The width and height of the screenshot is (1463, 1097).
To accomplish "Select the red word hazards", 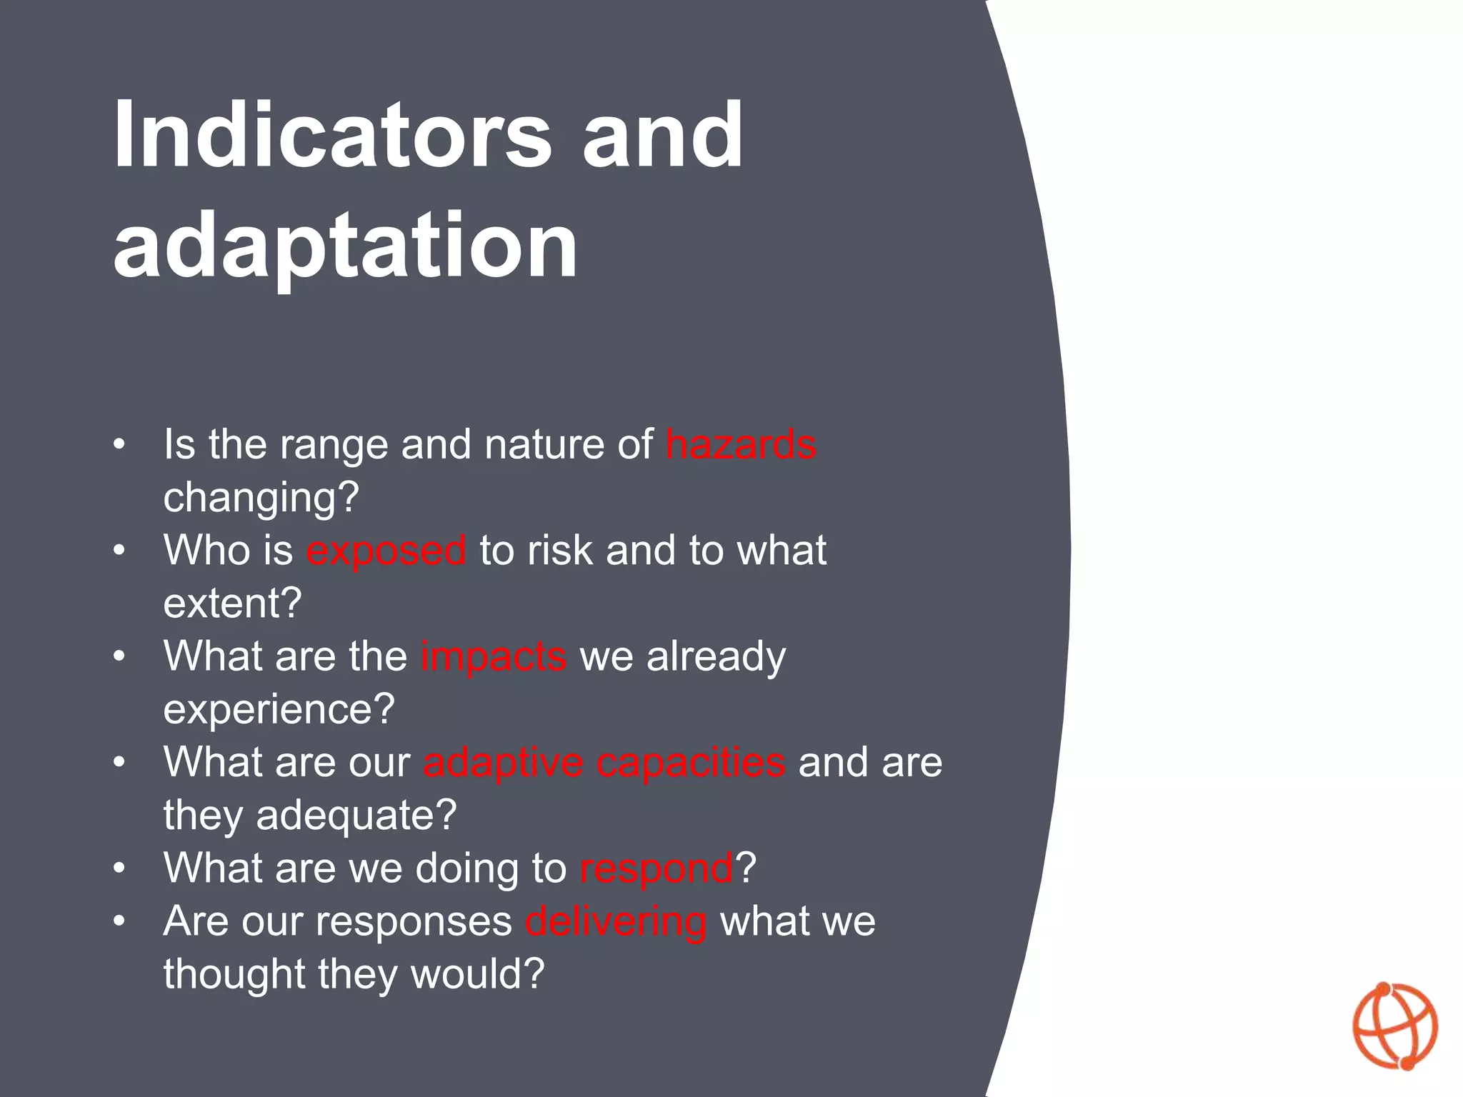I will coord(741,444).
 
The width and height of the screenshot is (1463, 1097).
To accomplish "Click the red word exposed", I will coord(386,551).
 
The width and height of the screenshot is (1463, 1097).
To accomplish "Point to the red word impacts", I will coord(494,656).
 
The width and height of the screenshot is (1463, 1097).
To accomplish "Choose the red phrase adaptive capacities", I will coord(604,762).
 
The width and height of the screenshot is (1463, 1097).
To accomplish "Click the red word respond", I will coord(656,868).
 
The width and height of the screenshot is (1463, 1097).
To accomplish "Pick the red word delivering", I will coord(616,921).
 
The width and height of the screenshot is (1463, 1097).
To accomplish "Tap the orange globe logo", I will coord(1394,1026).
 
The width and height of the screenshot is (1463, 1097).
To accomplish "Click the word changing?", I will coord(261,497).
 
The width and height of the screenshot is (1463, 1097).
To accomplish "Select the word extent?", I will coord(233,603).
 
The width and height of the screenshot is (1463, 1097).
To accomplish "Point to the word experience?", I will coord(279,709).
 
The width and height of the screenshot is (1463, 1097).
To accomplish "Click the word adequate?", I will coord(356,815).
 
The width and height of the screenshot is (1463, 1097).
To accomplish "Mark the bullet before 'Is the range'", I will coord(119,445).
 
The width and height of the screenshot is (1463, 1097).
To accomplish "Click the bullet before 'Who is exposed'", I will coord(119,551).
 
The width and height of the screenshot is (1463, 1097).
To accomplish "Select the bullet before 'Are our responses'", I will coord(119,921).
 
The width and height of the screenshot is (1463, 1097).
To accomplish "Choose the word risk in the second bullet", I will coord(560,551).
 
